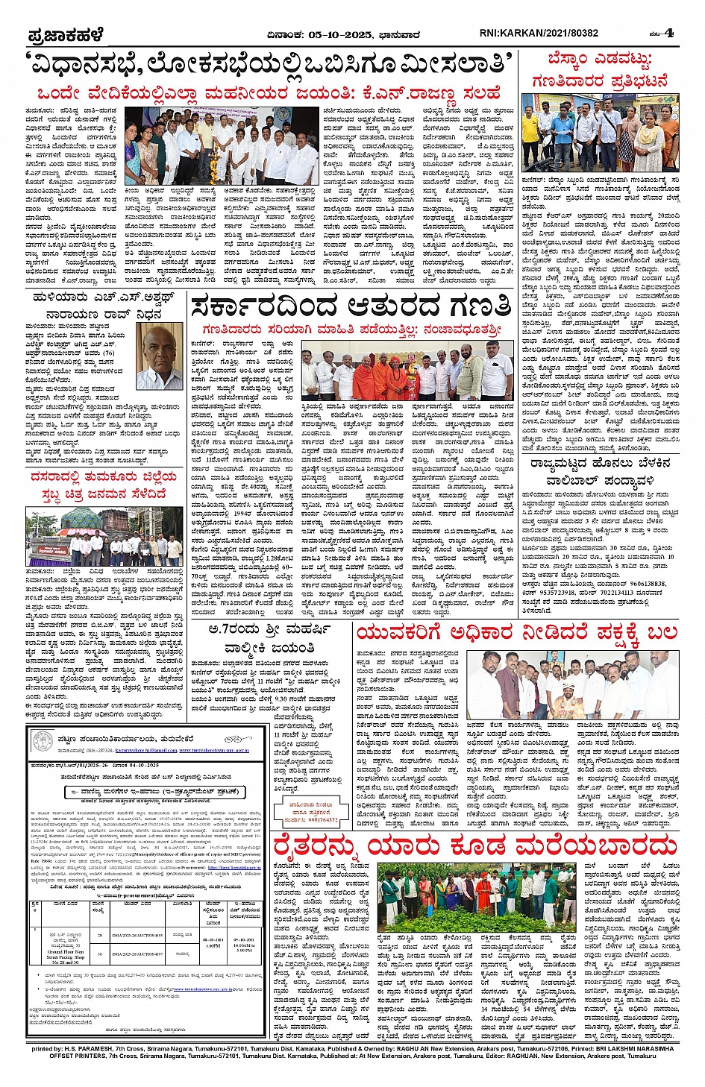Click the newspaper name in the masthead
[66, 34]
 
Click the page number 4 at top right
[669, 33]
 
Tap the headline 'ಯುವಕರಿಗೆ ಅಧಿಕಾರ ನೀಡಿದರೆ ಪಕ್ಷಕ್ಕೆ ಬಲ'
[516, 633]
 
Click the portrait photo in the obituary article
[160, 356]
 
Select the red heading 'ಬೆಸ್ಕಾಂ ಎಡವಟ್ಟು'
[599, 60]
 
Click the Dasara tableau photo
[104, 537]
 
